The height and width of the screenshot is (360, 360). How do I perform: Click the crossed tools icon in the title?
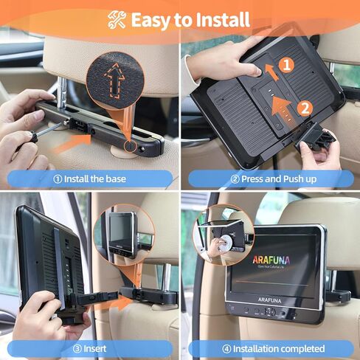[117, 18]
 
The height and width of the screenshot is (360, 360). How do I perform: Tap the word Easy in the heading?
[153, 19]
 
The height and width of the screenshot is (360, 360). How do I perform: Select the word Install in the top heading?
[221, 19]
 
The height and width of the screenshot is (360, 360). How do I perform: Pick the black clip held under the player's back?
[316, 140]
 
